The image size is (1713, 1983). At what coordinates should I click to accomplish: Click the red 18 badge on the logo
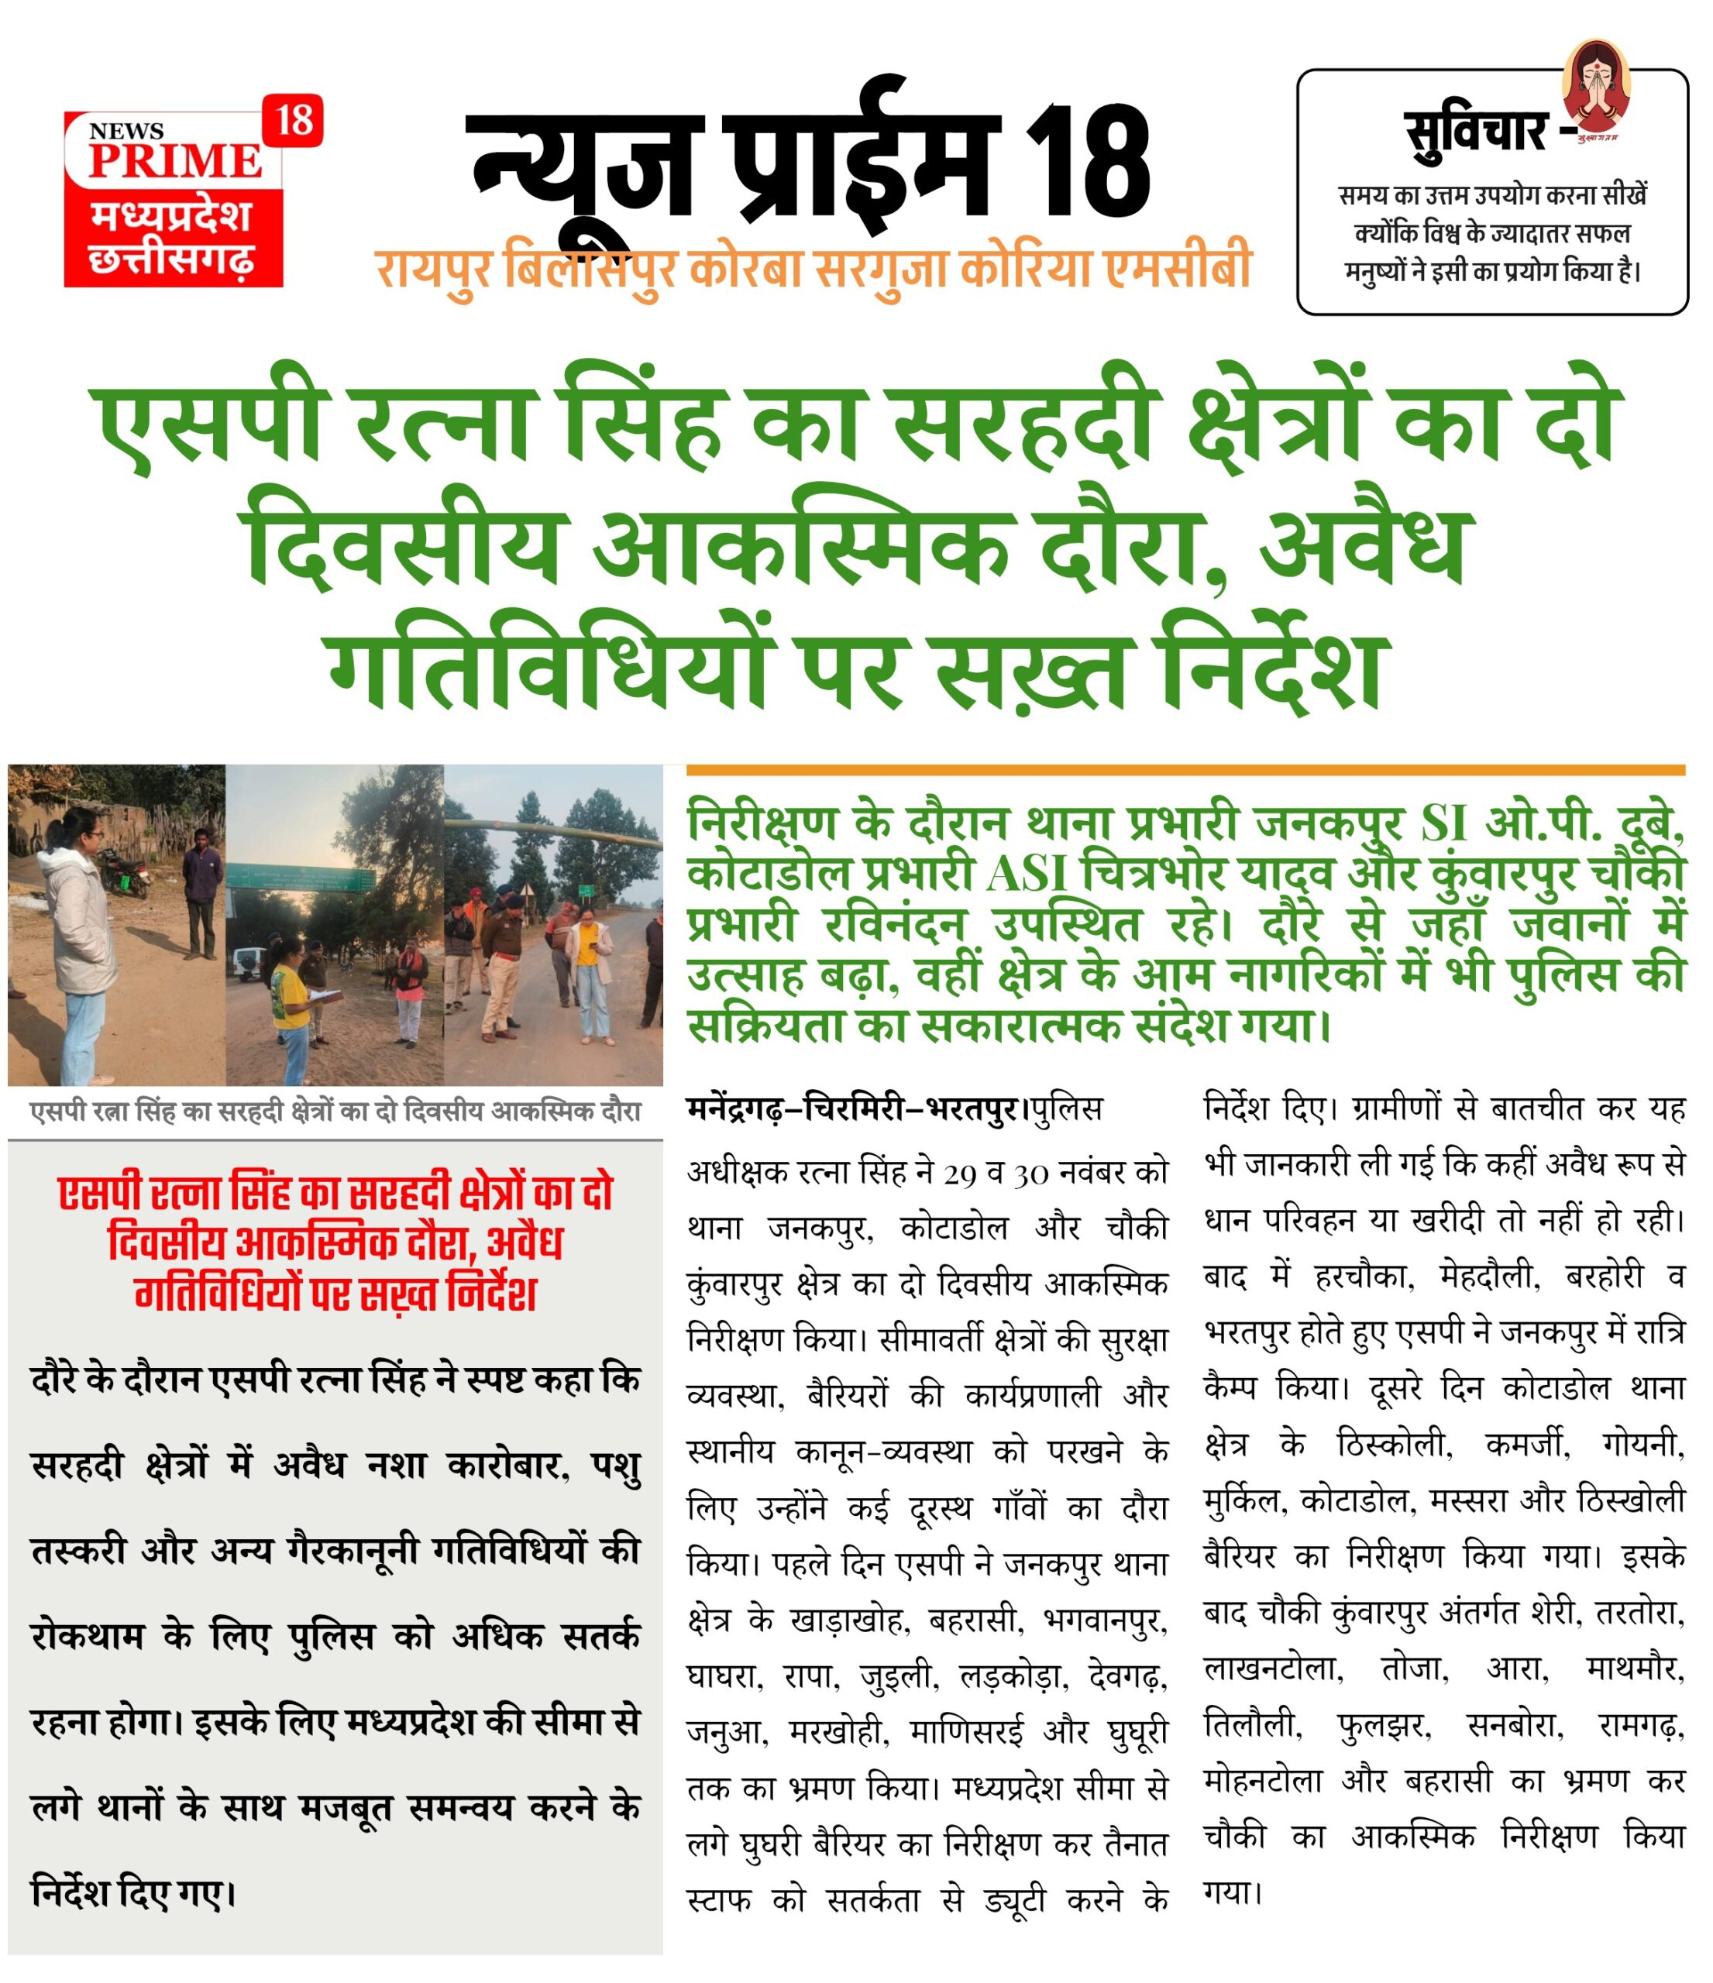coord(293,121)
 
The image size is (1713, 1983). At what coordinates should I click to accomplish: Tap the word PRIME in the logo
coord(175,160)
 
